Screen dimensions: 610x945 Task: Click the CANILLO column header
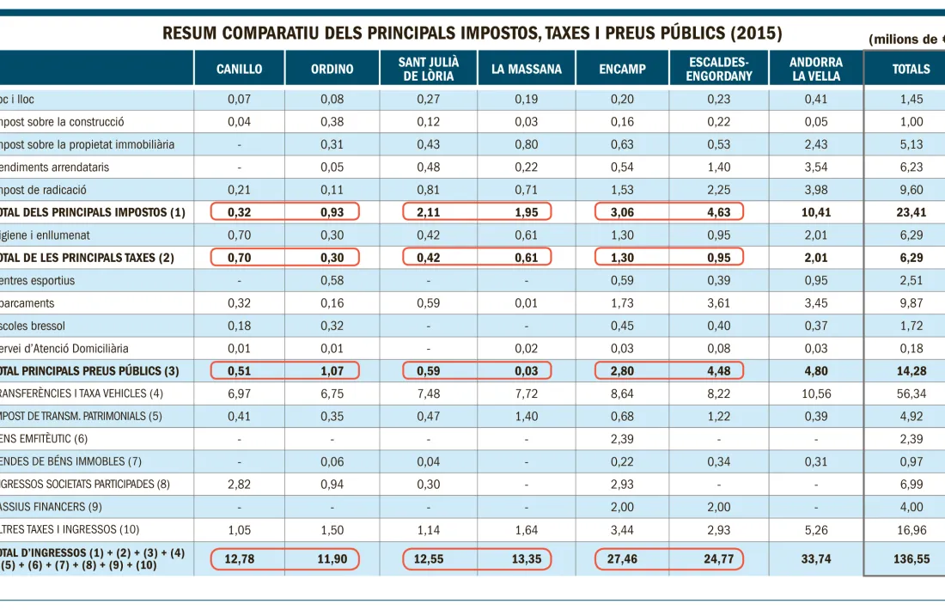(x=239, y=69)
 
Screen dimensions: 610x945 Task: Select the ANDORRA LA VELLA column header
(x=816, y=69)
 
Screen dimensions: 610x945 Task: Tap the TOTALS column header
(x=911, y=69)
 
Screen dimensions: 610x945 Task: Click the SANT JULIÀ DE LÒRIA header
(x=429, y=69)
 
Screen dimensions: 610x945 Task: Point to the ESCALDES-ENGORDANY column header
(x=720, y=69)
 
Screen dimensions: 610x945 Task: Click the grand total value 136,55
(x=911, y=558)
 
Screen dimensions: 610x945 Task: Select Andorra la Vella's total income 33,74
(x=815, y=558)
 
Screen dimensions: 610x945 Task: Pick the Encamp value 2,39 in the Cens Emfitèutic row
(x=622, y=439)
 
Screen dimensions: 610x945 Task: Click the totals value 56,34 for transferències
(x=911, y=393)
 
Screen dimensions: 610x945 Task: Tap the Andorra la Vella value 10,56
(x=815, y=393)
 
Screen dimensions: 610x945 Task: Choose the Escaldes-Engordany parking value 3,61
(x=719, y=302)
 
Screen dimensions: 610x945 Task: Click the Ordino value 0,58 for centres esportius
(x=332, y=280)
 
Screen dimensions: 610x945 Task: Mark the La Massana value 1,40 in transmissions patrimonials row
(x=527, y=416)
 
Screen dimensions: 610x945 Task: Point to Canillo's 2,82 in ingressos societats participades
(x=239, y=484)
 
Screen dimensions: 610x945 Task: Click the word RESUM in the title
(x=189, y=34)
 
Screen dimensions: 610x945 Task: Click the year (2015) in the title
(x=755, y=34)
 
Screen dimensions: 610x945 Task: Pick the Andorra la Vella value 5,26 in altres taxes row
(x=815, y=529)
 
